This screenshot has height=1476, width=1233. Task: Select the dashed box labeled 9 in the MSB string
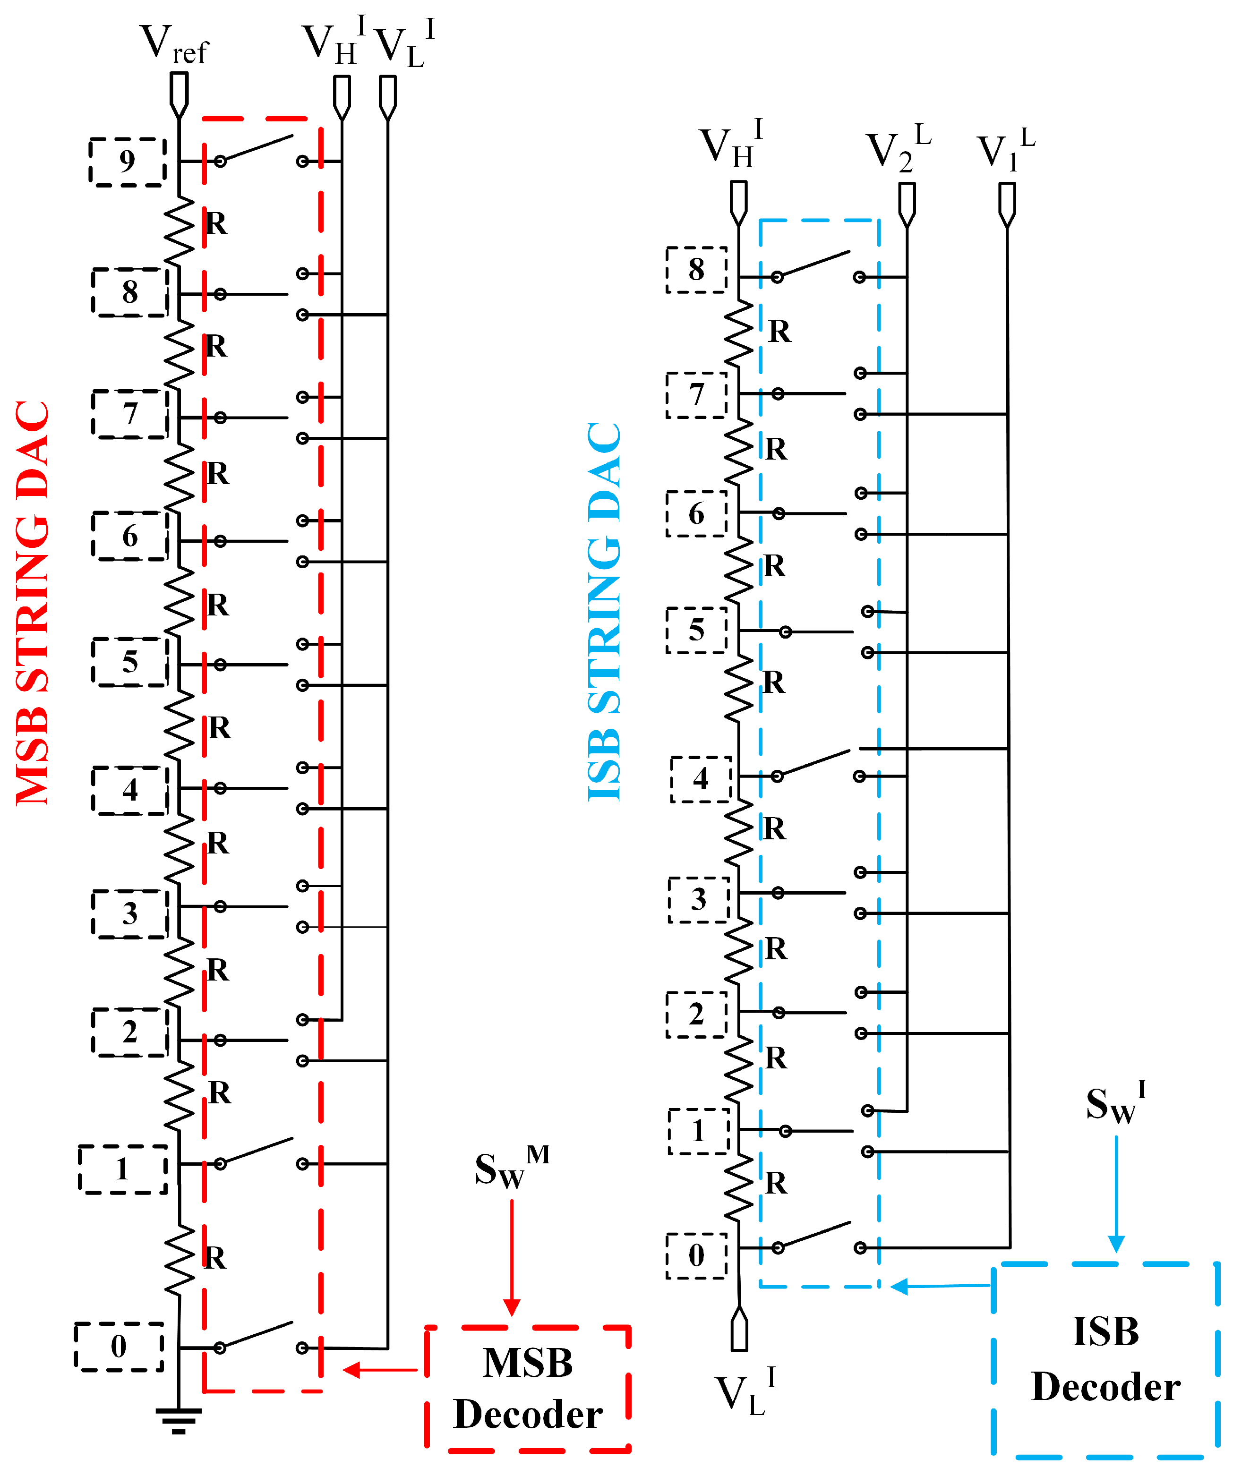[127, 162]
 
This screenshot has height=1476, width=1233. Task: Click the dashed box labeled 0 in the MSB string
[119, 1346]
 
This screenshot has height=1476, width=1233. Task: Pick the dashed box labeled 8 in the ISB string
[696, 270]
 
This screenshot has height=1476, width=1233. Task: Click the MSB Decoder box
[527, 1388]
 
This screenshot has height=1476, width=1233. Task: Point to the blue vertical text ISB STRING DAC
[605, 612]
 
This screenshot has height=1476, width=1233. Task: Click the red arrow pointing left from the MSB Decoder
[380, 1369]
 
